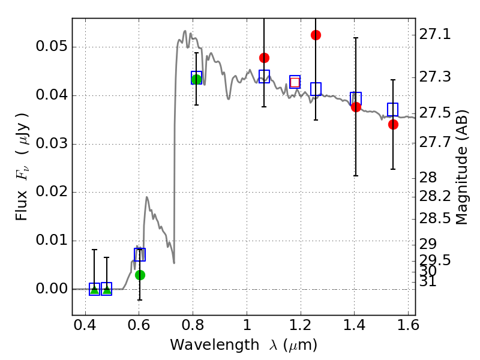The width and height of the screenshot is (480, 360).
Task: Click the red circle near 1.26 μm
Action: [x=316, y=35]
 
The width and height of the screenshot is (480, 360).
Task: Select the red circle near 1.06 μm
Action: [x=264, y=58]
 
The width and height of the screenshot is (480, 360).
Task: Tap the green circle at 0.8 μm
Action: [x=196, y=79]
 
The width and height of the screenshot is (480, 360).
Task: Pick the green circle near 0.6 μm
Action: [x=140, y=275]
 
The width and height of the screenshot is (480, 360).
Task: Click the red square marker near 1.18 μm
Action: [x=295, y=82]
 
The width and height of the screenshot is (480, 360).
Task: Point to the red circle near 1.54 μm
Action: [x=393, y=124]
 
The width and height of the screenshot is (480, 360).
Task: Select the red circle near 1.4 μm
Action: [x=356, y=107]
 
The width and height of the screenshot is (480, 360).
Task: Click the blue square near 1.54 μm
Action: [x=393, y=109]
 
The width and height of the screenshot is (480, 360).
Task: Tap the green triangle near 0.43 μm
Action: [x=94, y=289]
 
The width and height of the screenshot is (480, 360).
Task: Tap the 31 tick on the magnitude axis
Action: [x=428, y=281]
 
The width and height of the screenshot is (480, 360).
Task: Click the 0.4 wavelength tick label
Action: [x=85, y=326]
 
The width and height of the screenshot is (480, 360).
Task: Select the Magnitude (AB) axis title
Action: [x=461, y=167]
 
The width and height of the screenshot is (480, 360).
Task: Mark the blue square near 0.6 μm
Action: [x=140, y=254]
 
